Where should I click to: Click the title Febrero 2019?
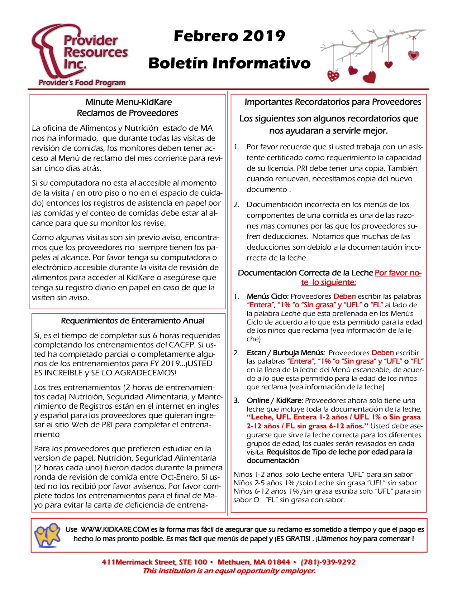[x=229, y=36]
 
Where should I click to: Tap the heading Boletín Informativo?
[x=229, y=63]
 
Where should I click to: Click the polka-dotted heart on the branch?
[x=333, y=76]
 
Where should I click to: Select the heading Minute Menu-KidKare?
[x=128, y=102]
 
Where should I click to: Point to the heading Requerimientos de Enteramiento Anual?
[x=133, y=321]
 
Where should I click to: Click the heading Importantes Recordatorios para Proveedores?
[x=333, y=102]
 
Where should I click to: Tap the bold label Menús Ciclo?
[x=267, y=297]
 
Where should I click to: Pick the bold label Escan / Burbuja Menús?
[x=286, y=353]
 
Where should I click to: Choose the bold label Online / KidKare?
[x=275, y=400]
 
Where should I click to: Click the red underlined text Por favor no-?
[x=398, y=273]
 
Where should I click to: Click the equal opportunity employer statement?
[x=229, y=571]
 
